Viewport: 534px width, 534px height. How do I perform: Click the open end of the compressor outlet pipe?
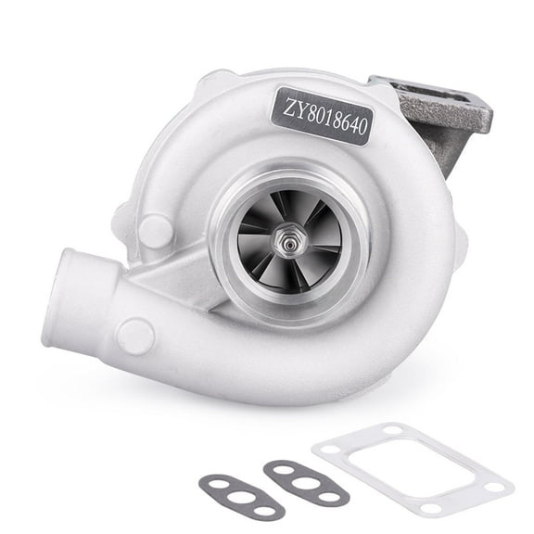(60, 297)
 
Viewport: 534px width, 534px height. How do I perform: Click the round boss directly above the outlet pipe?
(154, 230)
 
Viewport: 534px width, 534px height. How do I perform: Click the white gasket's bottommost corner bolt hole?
(434, 506)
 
